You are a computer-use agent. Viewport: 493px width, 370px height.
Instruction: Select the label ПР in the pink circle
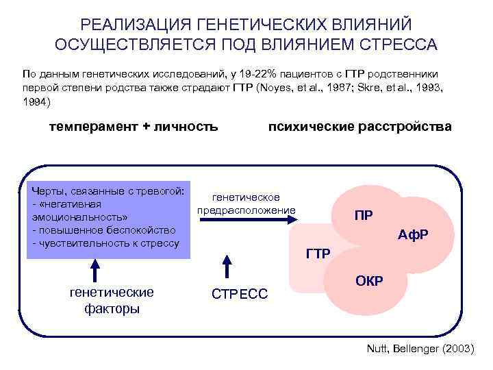[364, 216]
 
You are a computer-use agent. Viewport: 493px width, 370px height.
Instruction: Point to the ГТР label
[318, 254]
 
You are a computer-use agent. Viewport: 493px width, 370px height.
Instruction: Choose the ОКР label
[370, 280]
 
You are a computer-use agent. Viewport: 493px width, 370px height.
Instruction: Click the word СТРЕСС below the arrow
[240, 295]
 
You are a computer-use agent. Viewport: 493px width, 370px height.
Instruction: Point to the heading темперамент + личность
[134, 126]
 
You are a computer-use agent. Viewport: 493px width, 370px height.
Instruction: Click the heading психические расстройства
[359, 126]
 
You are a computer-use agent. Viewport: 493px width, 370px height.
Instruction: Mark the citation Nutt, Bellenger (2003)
[420, 349]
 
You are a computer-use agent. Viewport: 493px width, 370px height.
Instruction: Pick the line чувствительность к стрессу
[105, 243]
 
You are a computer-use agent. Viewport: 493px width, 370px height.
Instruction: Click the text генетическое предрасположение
[246, 203]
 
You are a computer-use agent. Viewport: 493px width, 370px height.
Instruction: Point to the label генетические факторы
[112, 300]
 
